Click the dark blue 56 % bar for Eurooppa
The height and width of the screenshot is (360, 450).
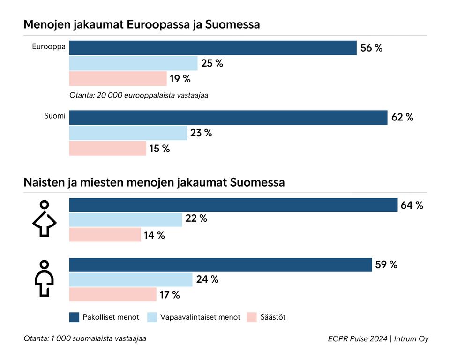click(x=213, y=48)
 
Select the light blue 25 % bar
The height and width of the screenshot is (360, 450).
click(x=134, y=63)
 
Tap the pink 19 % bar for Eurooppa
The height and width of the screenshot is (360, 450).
click(x=118, y=79)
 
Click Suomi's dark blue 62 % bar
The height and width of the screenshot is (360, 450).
click(x=228, y=118)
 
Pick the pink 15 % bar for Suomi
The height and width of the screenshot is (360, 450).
click(x=108, y=149)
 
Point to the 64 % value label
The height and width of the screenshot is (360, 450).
click(x=412, y=205)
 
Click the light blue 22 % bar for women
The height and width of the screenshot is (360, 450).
click(x=126, y=219)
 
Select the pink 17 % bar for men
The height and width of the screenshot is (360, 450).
click(x=113, y=295)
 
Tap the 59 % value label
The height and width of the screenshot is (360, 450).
click(x=386, y=265)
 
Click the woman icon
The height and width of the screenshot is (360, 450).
click(x=45, y=218)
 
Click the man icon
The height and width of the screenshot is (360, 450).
click(x=45, y=278)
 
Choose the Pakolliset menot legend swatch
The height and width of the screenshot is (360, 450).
click(x=74, y=317)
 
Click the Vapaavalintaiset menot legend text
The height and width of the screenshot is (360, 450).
click(x=200, y=317)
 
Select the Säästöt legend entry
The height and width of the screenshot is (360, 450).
click(x=266, y=317)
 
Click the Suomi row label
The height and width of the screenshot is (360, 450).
click(x=55, y=115)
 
